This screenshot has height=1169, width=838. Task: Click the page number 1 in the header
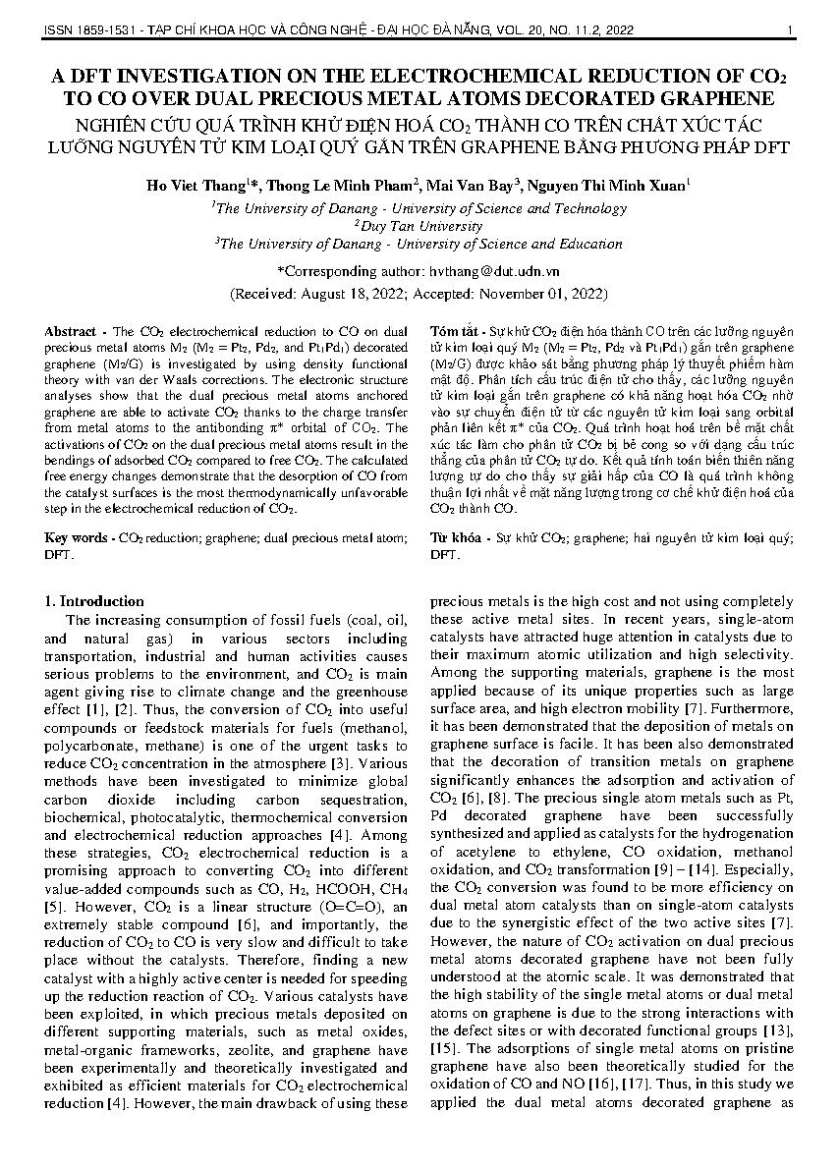pos(790,30)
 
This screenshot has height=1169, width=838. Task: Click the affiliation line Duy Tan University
pos(420,226)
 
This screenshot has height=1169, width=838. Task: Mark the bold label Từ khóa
pos(456,539)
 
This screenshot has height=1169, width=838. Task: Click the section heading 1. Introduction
pos(95,601)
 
